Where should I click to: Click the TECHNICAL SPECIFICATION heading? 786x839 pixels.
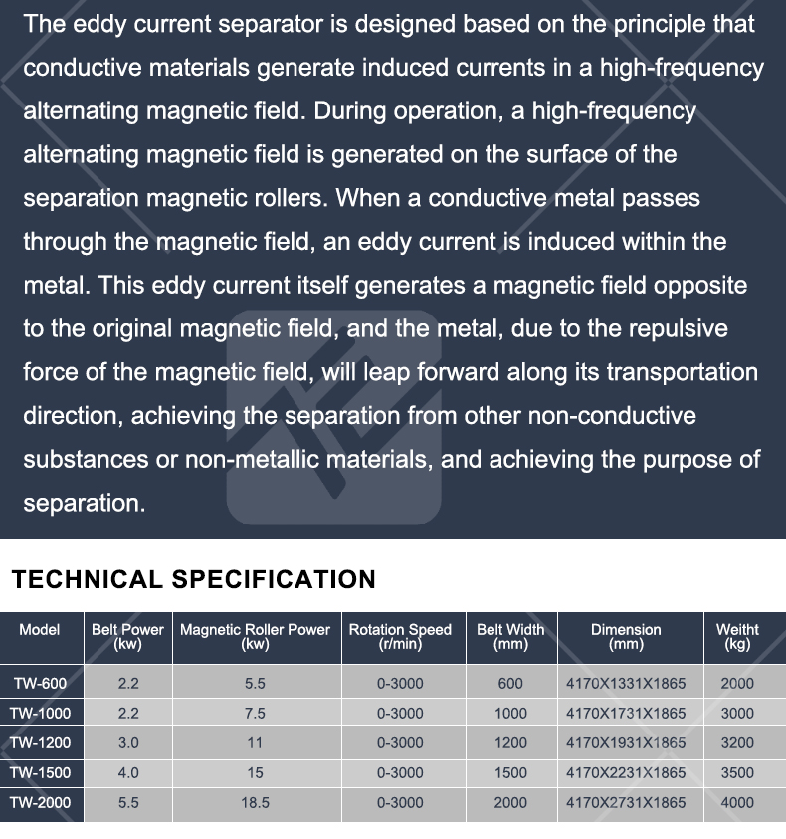point(194,579)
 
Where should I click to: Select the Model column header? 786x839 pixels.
point(40,630)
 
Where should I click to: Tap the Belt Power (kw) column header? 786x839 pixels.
point(127,637)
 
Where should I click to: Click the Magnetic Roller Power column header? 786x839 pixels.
point(255,637)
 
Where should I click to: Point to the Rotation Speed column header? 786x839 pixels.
point(400,637)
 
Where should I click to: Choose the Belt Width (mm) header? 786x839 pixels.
point(510,637)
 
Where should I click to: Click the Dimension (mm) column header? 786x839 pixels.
point(626,637)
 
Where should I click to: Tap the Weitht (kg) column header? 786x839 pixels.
point(737,637)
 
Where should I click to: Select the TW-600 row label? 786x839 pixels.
point(40,684)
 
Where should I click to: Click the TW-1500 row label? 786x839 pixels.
point(40,773)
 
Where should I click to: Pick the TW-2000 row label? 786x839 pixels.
point(40,803)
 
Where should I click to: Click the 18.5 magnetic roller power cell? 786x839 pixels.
point(255,803)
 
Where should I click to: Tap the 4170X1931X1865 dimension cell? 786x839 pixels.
point(626,743)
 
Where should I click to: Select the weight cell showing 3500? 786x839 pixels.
point(737,773)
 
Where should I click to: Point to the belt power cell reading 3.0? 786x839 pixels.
point(128,743)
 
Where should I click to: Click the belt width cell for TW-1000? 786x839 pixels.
point(510,714)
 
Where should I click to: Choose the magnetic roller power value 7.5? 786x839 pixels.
point(255,714)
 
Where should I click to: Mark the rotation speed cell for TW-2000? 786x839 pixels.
point(400,803)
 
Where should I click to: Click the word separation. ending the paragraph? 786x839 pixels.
point(85,504)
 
